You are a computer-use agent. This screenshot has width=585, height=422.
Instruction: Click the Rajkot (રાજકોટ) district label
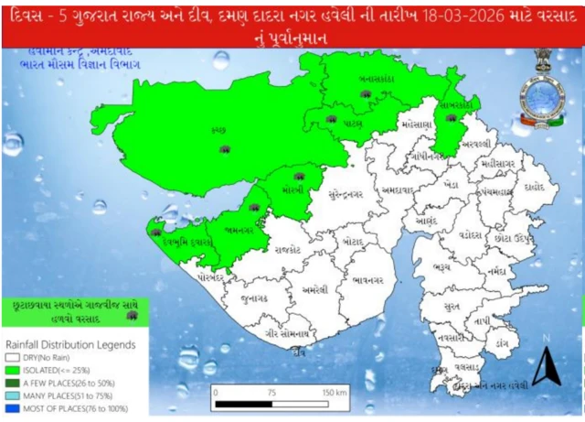286,247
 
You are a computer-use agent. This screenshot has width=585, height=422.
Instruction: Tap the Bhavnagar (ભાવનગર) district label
363,272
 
